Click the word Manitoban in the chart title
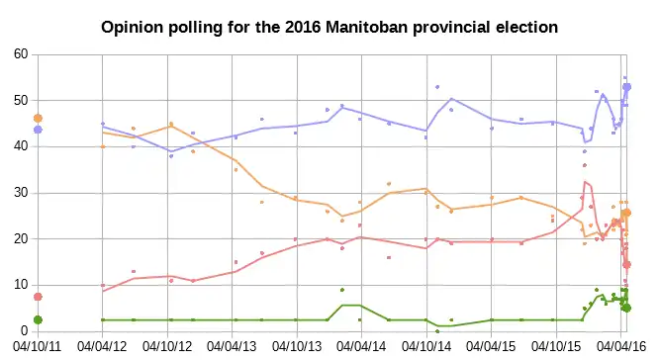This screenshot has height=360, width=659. [x=366, y=28]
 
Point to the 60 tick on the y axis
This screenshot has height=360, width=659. [x=21, y=54]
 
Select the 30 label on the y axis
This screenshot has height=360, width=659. [x=21, y=193]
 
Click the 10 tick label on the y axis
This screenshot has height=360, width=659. [x=21, y=285]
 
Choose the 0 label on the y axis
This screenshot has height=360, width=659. [x=25, y=331]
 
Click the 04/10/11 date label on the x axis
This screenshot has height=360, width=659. [x=37, y=347]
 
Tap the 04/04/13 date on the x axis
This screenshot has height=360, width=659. [x=232, y=347]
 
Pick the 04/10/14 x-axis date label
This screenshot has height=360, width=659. [x=426, y=347]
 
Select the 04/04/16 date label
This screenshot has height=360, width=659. [x=621, y=347]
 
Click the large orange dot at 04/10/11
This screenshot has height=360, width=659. [x=38, y=119]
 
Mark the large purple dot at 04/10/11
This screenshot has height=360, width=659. [x=38, y=130]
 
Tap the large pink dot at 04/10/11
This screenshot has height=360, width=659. [x=38, y=297]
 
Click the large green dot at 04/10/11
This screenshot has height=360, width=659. [x=38, y=320]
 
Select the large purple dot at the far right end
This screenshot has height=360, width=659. [x=626, y=87]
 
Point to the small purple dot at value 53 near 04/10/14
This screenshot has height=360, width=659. [x=437, y=87]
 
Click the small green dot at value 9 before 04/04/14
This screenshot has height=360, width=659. [x=342, y=290]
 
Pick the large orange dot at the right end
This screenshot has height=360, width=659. [x=626, y=213]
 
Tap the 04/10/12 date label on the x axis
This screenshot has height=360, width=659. [x=167, y=347]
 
